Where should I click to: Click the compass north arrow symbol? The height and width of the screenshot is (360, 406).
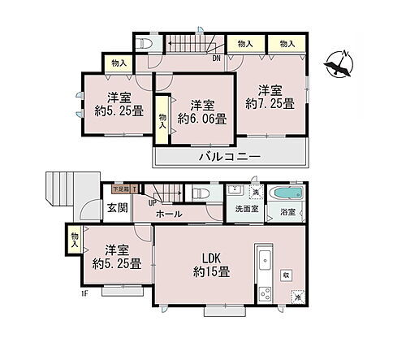point(339,65)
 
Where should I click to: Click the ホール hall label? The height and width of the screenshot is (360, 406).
point(168,215)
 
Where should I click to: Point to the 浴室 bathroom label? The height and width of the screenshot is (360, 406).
point(288,213)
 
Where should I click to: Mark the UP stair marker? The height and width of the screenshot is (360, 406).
point(152,203)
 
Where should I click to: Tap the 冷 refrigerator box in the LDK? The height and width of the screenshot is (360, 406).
point(296,298)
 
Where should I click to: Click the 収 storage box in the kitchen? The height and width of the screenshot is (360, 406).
point(287,275)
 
